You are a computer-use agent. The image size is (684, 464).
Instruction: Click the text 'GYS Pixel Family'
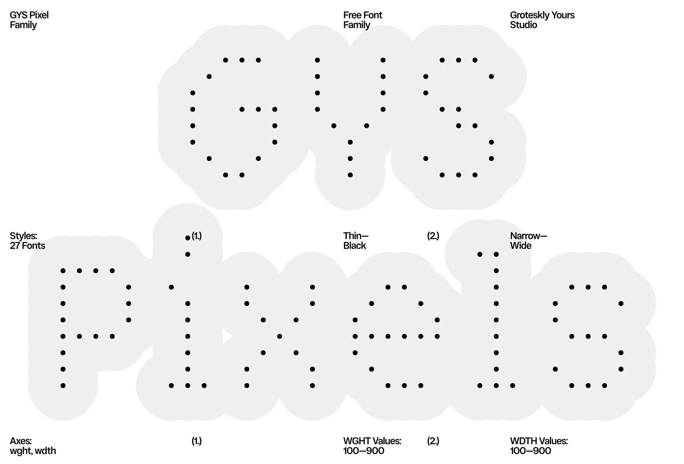[29, 20]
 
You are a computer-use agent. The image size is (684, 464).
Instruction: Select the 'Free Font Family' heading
[362, 20]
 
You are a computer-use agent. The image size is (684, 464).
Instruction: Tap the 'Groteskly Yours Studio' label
[542, 20]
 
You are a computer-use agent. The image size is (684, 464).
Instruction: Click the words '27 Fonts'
[27, 246]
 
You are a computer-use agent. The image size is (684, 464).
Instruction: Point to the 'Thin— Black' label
[356, 241]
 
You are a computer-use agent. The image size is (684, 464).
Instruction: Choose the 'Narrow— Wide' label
[528, 241]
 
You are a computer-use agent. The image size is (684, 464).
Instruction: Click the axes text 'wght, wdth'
[33, 451]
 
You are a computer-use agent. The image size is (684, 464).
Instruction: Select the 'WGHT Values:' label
[372, 441]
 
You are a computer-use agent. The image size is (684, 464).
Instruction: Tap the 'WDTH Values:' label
[539, 441]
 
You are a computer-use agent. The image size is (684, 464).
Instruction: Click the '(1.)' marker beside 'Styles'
[197, 236]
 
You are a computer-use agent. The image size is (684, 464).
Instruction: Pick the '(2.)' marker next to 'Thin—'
[433, 236]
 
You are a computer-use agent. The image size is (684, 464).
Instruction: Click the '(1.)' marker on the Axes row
[197, 441]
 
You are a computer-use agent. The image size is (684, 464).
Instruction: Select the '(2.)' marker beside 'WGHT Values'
[433, 441]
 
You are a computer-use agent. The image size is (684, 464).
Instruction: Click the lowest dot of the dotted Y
[350, 175]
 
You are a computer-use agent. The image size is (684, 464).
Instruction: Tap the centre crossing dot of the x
[280, 336]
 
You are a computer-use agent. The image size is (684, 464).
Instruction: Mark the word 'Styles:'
[24, 236]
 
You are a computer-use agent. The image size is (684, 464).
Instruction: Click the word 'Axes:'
[21, 441]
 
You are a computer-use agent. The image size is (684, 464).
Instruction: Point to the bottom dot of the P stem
[63, 385]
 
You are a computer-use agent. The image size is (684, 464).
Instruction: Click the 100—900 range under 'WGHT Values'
[364, 451]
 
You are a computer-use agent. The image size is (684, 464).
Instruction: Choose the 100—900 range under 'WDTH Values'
[530, 451]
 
